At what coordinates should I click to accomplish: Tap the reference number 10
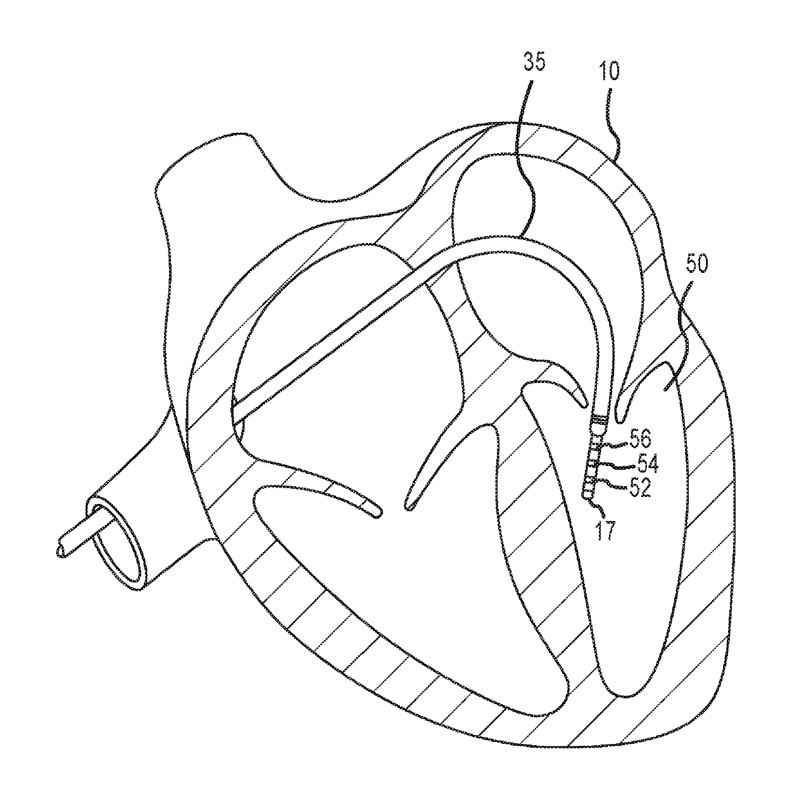(x=610, y=71)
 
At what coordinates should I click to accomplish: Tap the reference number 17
(x=605, y=530)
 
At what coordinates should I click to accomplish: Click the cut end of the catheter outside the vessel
(x=61, y=551)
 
